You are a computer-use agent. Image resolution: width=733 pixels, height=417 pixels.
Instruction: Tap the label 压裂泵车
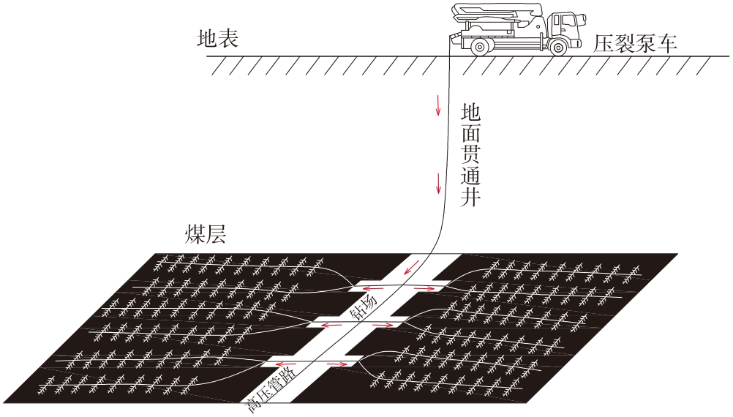(x=634, y=44)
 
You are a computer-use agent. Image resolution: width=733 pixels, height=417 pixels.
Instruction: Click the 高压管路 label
(x=271, y=392)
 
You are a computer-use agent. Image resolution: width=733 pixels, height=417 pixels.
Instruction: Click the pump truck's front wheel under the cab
(x=558, y=47)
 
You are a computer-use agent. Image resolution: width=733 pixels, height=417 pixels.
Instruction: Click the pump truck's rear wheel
(x=480, y=47)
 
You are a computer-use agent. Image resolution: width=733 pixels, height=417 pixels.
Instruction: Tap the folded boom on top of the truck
(x=497, y=12)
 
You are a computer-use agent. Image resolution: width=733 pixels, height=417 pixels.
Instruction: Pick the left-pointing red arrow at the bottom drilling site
(x=287, y=361)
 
